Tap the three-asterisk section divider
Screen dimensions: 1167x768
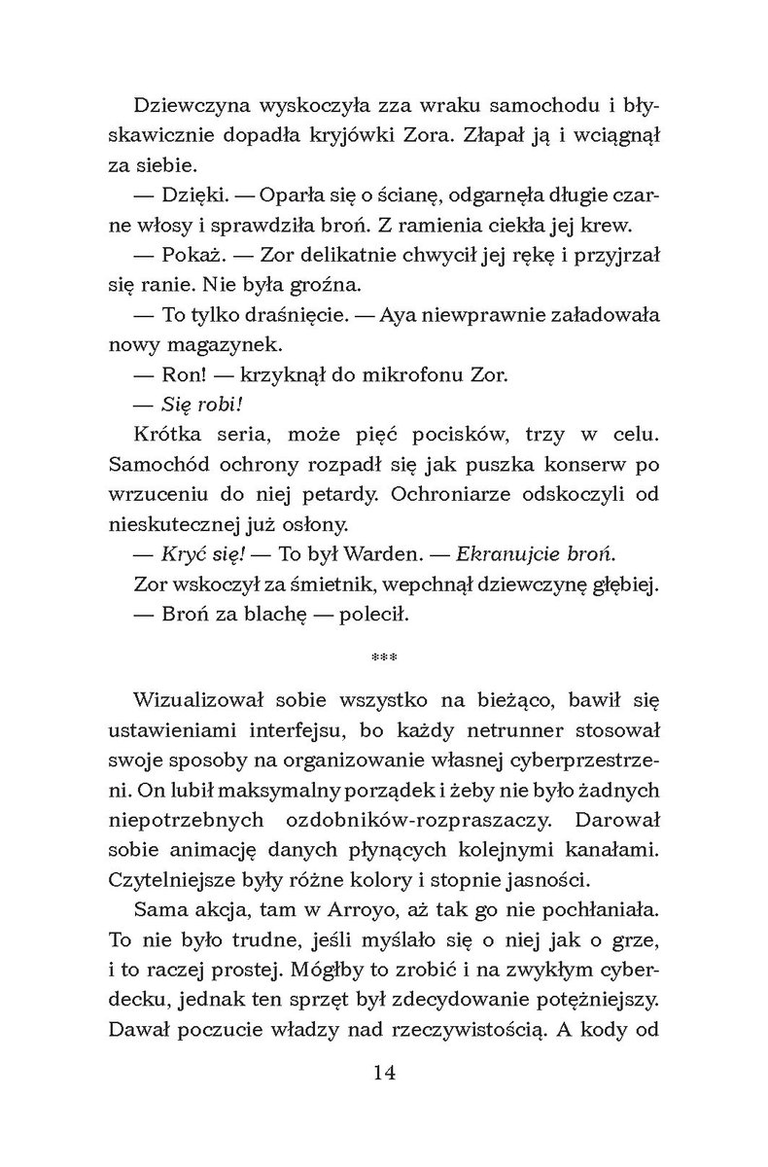[x=385, y=662]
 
